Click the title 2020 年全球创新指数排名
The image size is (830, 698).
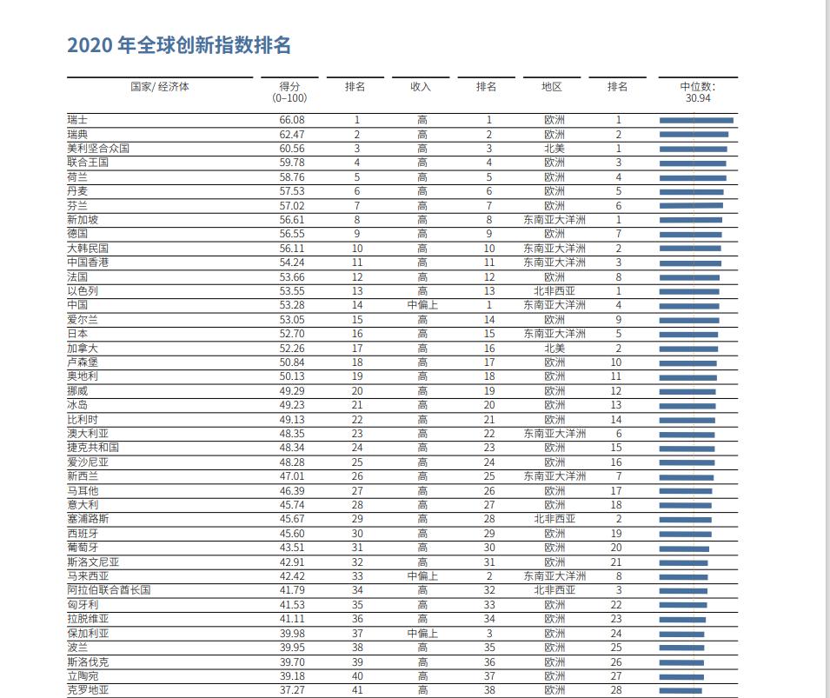179,45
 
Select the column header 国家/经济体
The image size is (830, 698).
160,87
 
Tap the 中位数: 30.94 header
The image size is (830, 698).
698,92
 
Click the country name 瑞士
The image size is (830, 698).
77,120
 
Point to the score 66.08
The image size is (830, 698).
292,120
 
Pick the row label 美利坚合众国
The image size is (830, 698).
98,149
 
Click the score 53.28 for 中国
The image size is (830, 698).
292,305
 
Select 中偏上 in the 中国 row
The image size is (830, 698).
422,305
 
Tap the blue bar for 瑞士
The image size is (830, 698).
696,120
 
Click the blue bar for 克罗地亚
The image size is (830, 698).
681,690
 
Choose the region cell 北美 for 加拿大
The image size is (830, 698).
554,348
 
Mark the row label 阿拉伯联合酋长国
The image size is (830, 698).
109,590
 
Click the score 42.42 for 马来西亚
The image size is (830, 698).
292,576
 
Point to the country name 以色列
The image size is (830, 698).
83,290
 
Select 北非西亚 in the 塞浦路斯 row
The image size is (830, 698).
554,519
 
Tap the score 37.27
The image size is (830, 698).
292,690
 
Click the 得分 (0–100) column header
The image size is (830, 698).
289,92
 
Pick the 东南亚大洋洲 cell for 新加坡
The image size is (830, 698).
554,220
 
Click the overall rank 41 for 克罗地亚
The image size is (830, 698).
357,690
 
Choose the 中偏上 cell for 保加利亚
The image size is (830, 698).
422,634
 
